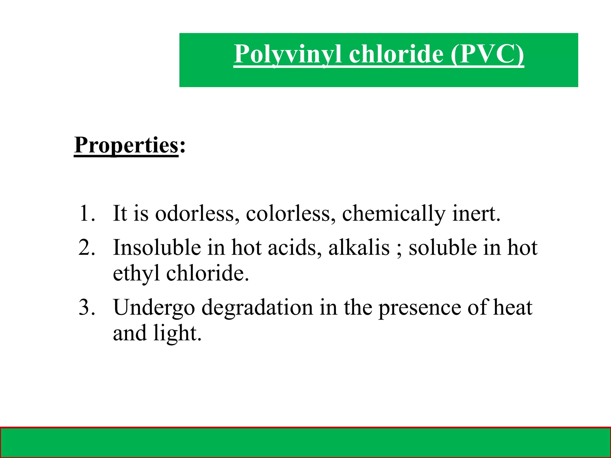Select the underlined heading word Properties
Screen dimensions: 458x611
[x=126, y=146]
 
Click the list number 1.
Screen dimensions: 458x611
[x=87, y=213]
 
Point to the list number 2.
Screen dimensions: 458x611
[x=87, y=247]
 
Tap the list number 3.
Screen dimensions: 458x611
[x=87, y=307]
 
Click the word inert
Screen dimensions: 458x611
[x=476, y=213]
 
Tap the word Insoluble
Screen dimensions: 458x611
[x=157, y=247]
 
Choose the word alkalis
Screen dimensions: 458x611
[x=359, y=247]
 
